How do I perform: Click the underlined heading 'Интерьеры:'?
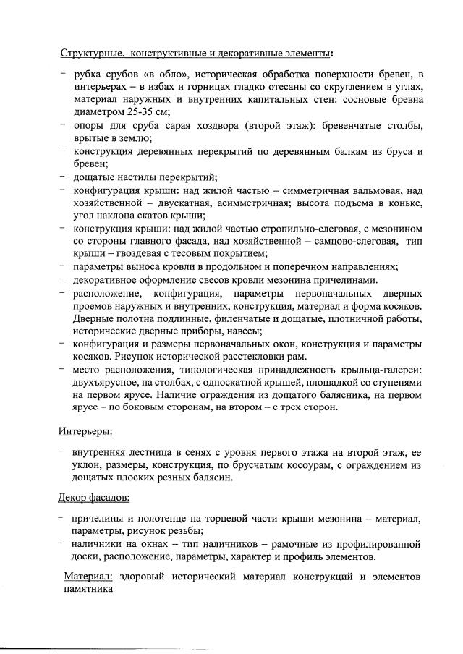coord(85,432)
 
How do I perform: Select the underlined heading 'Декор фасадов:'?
coord(94,498)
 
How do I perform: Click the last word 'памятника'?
coord(88,590)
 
